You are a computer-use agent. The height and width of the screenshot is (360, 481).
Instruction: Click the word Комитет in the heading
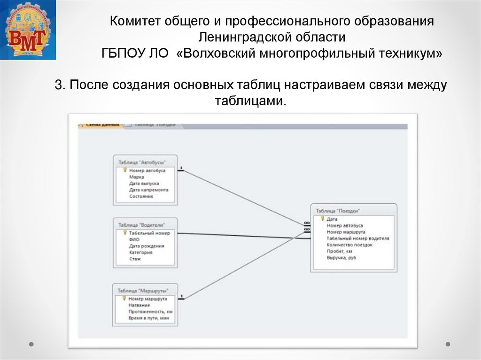[133, 22]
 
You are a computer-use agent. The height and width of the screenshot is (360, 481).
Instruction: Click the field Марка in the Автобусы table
[136, 177]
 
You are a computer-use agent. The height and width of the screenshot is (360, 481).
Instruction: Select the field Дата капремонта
[148, 190]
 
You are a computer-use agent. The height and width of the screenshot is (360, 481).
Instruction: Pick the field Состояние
[141, 196]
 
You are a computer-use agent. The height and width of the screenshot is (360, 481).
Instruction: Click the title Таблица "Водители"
[141, 225]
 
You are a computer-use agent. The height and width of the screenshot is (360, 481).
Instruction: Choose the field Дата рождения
[147, 245]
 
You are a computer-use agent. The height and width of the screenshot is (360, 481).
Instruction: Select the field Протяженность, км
[150, 312]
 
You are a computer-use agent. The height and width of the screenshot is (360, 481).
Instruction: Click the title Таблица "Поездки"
[339, 211]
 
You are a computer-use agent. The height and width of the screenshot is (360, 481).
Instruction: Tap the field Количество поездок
[349, 245]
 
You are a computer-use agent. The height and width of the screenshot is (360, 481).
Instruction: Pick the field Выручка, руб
[341, 258]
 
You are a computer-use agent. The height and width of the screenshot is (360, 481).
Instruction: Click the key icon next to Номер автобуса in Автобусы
[125, 170]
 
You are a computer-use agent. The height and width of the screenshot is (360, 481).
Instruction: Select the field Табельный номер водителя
[357, 238]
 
